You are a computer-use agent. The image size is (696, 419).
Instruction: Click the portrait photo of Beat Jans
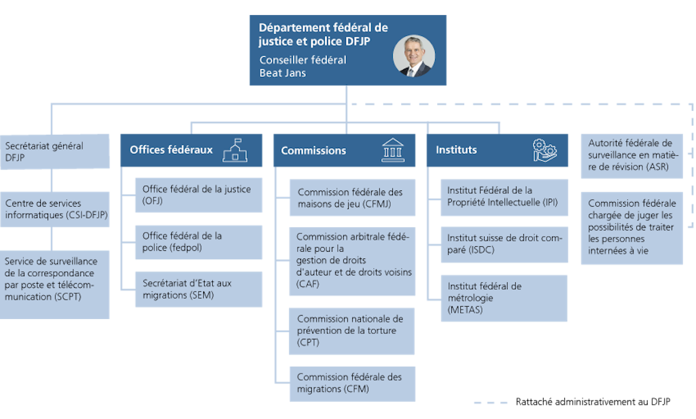click(x=413, y=56)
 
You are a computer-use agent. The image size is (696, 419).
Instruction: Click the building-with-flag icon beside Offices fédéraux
click(x=234, y=150)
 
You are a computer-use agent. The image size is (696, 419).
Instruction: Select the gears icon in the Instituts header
click(x=545, y=150)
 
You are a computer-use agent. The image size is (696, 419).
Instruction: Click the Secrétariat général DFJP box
click(x=54, y=152)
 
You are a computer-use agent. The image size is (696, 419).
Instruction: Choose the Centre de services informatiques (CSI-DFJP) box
click(x=54, y=209)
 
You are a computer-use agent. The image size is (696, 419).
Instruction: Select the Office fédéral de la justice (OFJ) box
click(x=198, y=195)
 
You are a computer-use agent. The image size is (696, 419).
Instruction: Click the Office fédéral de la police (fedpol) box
click(x=198, y=242)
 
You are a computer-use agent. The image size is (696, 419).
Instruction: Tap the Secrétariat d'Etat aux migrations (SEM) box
click(x=198, y=289)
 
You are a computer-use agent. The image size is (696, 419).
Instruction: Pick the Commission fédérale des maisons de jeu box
click(x=352, y=198)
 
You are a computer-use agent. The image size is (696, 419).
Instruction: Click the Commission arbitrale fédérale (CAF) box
click(x=352, y=262)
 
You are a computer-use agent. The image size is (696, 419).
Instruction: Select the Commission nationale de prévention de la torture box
click(x=352, y=331)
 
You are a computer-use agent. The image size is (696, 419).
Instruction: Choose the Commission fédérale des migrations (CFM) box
click(x=352, y=383)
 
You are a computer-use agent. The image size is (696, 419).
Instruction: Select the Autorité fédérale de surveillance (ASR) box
click(x=631, y=155)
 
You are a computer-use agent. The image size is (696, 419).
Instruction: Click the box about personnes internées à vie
click(x=631, y=228)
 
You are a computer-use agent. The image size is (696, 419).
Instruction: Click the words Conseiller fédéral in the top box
click(x=302, y=60)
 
